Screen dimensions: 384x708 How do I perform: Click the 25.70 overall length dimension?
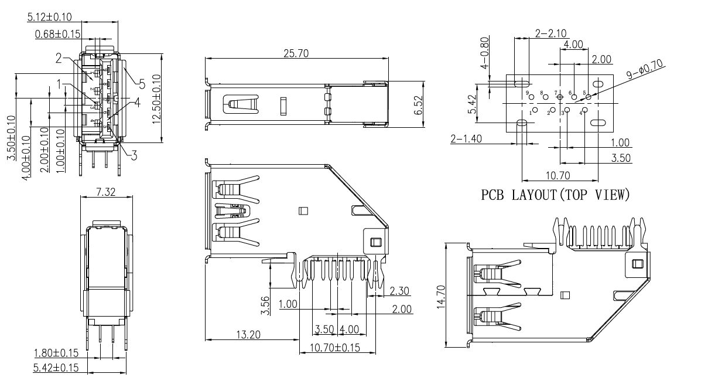297,53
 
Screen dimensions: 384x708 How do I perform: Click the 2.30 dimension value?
399,290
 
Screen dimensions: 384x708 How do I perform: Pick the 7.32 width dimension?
105,192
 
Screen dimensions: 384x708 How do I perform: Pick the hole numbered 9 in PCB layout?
527,93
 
